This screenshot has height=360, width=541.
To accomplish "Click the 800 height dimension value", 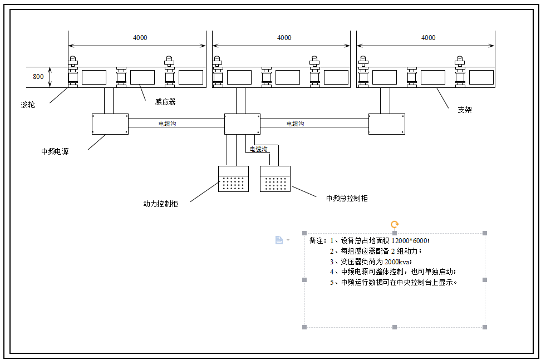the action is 38,77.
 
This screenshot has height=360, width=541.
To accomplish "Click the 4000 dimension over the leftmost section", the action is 140,38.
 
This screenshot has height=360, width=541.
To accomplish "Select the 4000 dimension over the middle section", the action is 284,38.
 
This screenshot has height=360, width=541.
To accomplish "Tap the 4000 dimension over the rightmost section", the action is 429,38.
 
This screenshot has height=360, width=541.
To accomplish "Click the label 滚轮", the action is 28,105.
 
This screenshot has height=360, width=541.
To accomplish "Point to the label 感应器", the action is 165,102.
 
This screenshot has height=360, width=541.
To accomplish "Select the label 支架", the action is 465,110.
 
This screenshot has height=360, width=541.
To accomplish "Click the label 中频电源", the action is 55,151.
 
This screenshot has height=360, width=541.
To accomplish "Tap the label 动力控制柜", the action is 160,204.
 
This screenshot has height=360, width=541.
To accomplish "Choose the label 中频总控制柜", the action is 347,198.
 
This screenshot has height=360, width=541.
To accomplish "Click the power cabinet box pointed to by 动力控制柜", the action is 234,179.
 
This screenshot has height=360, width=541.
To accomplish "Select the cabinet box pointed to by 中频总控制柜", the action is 276,179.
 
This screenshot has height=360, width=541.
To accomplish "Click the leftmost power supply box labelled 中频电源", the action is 110,124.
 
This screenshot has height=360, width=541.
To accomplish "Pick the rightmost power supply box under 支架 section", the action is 387,124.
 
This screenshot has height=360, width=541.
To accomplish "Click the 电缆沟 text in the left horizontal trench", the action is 168,124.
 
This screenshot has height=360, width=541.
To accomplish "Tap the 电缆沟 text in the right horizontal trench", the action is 296,124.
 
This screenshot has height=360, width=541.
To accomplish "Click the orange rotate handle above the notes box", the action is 395,225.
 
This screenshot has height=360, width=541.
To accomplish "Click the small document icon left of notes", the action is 279,240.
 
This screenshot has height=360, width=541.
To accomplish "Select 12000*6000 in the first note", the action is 410,241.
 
